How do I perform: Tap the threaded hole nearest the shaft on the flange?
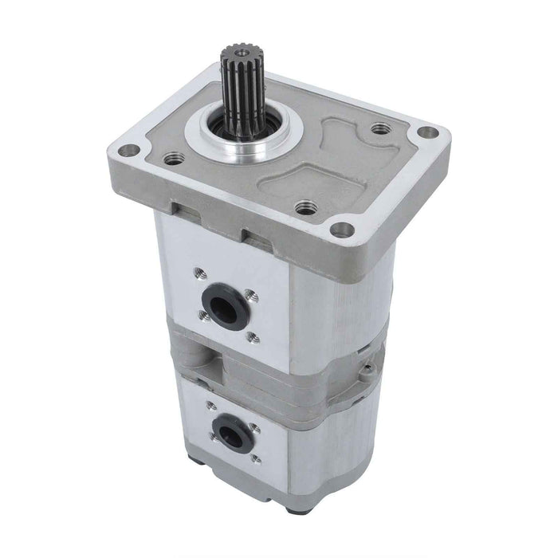click(169, 159)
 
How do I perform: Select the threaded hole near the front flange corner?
click(304, 210)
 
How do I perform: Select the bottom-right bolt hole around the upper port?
click(253, 337)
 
